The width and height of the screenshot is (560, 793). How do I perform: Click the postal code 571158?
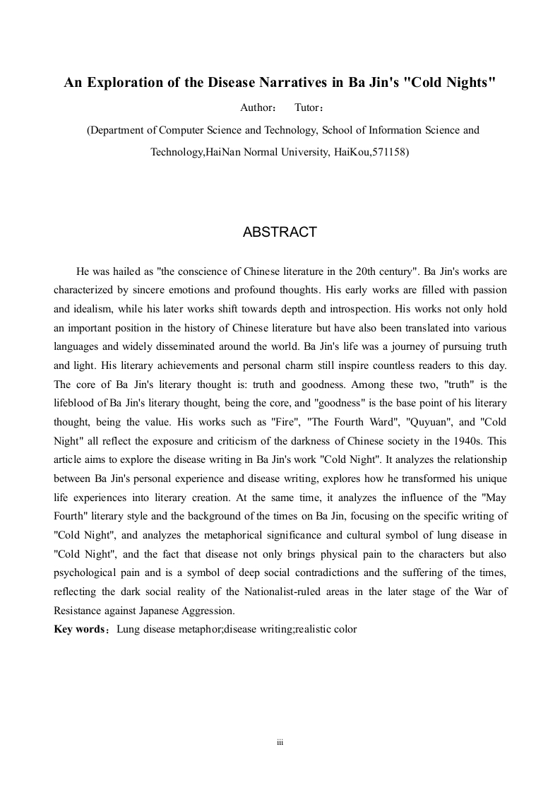click(x=390, y=151)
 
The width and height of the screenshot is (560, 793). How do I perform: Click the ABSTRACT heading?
click(x=280, y=233)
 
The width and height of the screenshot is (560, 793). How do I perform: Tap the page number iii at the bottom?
click(x=280, y=744)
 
